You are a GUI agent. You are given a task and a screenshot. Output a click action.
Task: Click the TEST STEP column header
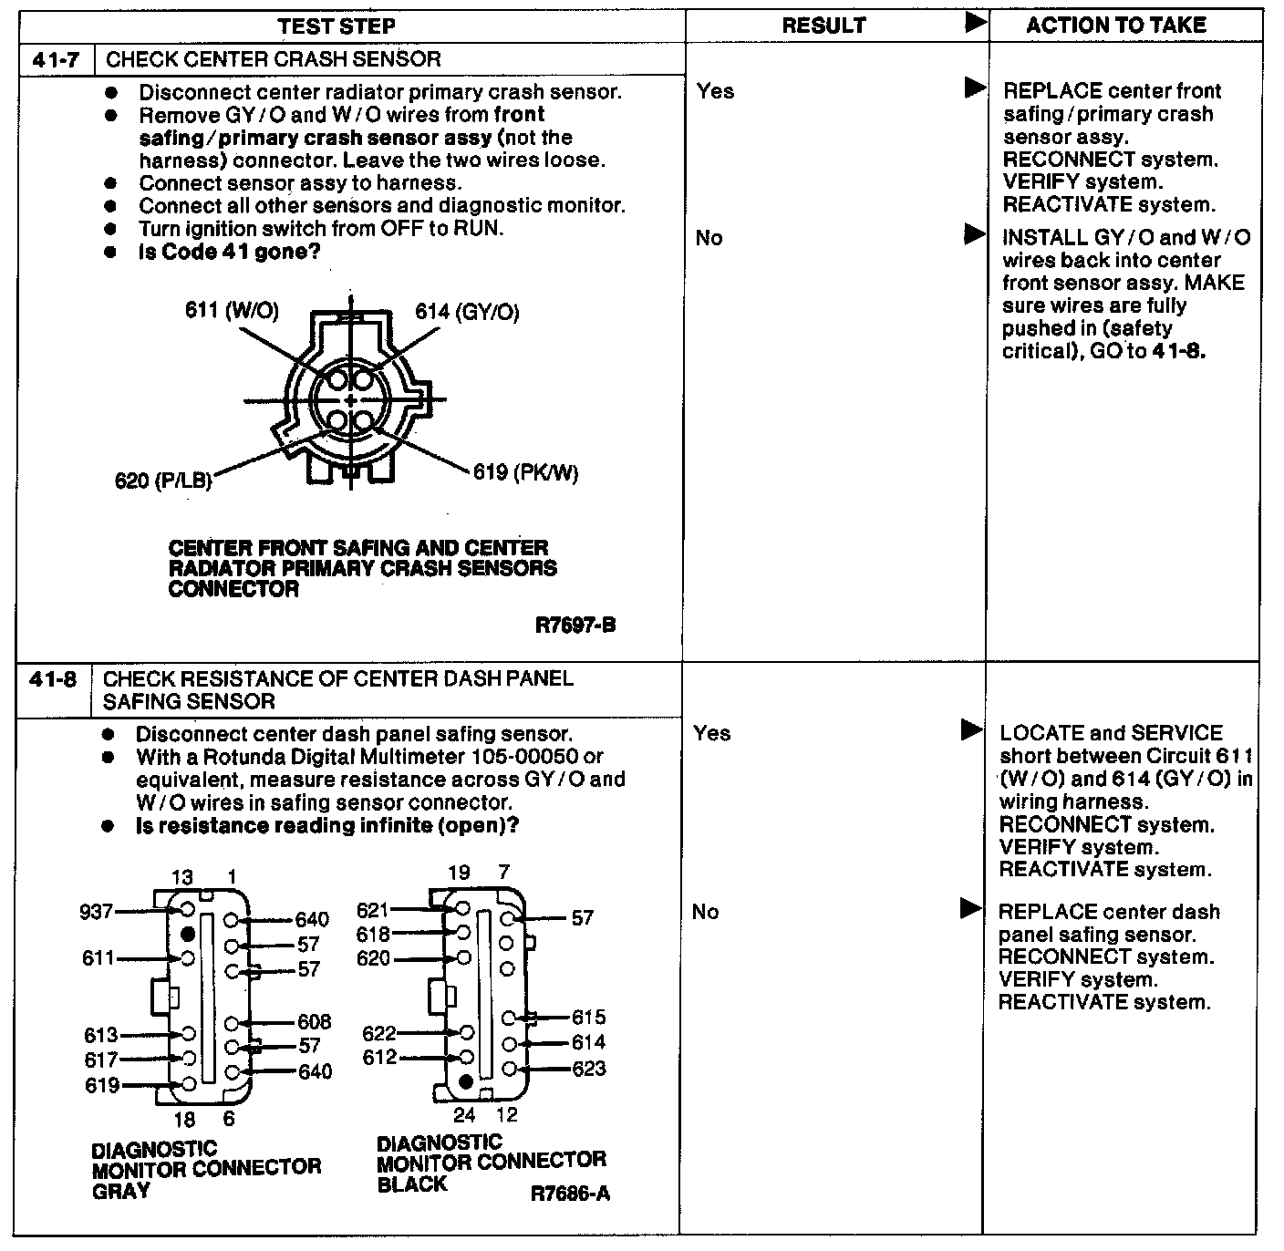pos(337,26)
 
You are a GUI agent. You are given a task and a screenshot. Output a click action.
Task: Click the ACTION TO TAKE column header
pos(1116,25)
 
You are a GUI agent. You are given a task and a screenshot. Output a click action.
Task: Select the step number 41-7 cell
pos(56,60)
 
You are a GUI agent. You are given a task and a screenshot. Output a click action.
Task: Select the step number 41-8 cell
pos(53,679)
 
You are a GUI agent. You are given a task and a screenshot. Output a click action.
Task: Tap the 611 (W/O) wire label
pos(232,310)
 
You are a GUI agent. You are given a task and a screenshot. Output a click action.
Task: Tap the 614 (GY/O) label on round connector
pos(467,312)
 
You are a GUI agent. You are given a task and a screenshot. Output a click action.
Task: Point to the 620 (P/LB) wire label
pos(163,480)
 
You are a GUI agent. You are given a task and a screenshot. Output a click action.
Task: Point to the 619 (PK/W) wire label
pos(525,472)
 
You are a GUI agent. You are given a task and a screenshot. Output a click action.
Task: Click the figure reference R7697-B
pos(575,625)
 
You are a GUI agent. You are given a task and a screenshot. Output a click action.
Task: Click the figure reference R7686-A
pos(570,1193)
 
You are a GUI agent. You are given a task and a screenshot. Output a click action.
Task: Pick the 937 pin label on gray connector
pos(97,911)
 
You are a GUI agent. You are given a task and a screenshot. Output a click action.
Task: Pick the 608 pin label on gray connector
pos(314,1022)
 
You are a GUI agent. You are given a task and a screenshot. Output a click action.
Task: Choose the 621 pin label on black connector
pos(373,910)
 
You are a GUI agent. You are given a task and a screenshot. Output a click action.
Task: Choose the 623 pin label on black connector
pos(588,1068)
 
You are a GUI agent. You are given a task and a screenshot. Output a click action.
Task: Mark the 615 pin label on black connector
pos(588,1018)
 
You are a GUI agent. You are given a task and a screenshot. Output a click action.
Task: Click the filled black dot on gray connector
pos(188,935)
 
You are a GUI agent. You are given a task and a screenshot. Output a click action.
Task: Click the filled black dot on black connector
pos(466,1082)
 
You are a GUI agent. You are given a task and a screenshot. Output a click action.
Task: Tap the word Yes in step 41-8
pos(711,733)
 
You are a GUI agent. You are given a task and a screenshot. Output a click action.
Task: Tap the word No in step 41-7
pos(709,238)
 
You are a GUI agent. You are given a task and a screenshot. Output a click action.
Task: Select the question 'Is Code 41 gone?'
pos(229,252)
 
